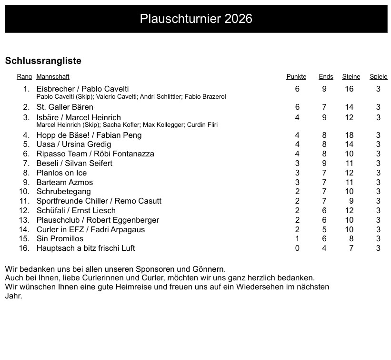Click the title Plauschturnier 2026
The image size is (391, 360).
pos(196,19)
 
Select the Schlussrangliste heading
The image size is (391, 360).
pos(43,61)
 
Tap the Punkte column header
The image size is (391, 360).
pos(296,77)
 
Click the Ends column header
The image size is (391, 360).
pos(326,77)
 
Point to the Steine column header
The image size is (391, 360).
pos(351,77)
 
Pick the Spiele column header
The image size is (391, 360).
pos(378,77)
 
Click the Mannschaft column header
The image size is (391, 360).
pos(53,77)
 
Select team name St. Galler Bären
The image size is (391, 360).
pos(65,107)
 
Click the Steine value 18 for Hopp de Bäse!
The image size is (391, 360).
pos(350,135)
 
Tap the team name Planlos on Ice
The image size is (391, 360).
pos(61,173)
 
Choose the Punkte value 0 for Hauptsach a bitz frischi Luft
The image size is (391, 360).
pos(297,248)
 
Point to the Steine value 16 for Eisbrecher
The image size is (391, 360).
pos(350,89)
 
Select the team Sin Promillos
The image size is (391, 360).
pos(60,239)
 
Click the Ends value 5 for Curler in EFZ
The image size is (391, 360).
pos(324,230)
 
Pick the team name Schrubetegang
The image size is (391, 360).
pos(63,192)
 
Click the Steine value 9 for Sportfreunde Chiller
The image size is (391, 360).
pos(351,201)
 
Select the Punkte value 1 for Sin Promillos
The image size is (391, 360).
pos(297,239)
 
